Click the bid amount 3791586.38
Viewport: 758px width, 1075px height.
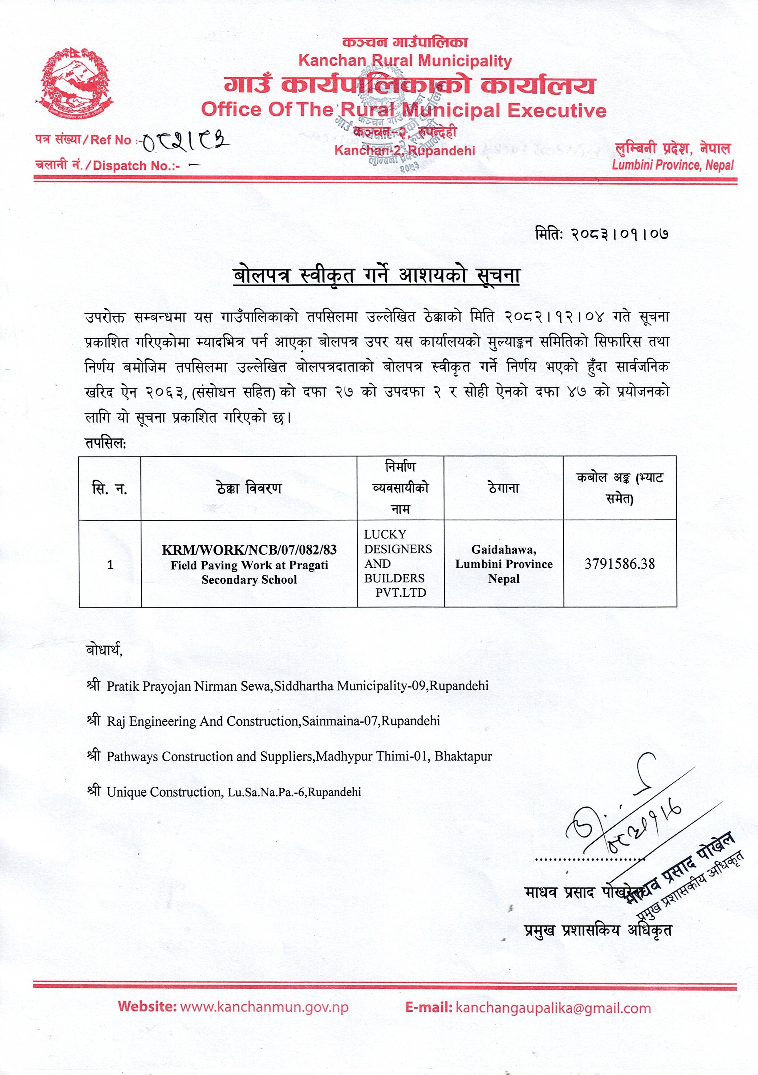click(619, 564)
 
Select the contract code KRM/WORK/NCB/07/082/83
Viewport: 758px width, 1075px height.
click(249, 550)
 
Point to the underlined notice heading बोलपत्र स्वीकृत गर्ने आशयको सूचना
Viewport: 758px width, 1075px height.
click(377, 276)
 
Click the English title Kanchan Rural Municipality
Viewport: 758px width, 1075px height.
click(405, 60)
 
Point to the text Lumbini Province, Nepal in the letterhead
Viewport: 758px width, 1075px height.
click(672, 165)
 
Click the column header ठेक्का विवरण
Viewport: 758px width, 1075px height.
click(249, 488)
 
